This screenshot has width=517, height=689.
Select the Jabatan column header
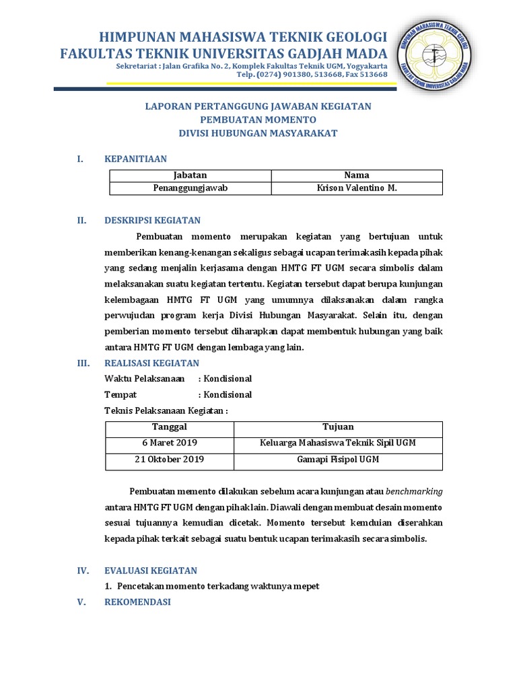191,175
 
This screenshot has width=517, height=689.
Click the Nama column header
357,175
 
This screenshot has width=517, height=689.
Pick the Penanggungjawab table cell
191,188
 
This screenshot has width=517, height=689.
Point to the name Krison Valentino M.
357,188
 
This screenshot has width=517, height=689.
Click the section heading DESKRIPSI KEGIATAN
152,220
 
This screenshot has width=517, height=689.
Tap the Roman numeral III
83,363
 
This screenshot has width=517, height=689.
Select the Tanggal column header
170,427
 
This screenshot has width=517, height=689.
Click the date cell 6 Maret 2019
170,443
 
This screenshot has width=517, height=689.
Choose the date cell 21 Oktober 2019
170,460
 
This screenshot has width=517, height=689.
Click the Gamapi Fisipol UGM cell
338,460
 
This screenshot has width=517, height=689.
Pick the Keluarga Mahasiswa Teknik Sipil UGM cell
338,443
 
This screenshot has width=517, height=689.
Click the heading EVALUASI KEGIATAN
151,570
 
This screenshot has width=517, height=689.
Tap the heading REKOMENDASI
138,602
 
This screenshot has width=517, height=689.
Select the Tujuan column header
338,427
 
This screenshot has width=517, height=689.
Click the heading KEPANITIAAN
135,159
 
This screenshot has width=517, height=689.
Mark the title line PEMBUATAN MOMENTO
258,120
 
